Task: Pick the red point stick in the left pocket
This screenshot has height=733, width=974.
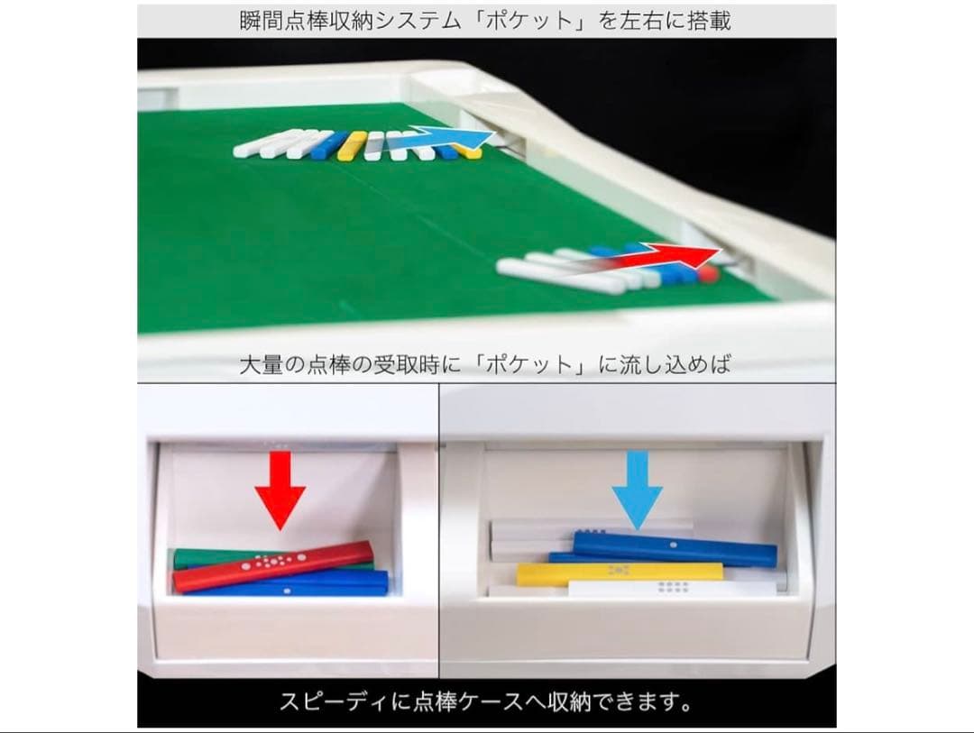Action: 273,566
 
